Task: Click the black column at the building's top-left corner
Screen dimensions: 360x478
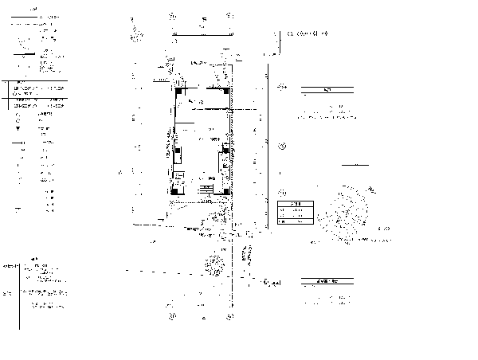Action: pyautogui.click(x=179, y=90)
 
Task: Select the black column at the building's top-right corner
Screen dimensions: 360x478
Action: pyautogui.click(x=229, y=89)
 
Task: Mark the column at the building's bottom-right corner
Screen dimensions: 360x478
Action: pyautogui.click(x=228, y=190)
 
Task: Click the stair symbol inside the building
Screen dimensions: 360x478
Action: pyautogui.click(x=206, y=190)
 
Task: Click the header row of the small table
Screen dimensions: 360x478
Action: pyautogui.click(x=290, y=205)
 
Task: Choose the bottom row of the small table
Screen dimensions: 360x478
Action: pyautogui.click(x=290, y=222)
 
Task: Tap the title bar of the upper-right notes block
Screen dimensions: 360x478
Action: pyautogui.click(x=327, y=90)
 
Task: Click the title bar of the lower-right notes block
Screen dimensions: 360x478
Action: pyautogui.click(x=327, y=281)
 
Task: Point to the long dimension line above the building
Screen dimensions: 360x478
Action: pyautogui.click(x=202, y=33)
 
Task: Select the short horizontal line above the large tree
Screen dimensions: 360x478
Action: pyautogui.click(x=356, y=165)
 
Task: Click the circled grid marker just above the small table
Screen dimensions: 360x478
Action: pyautogui.click(x=282, y=193)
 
